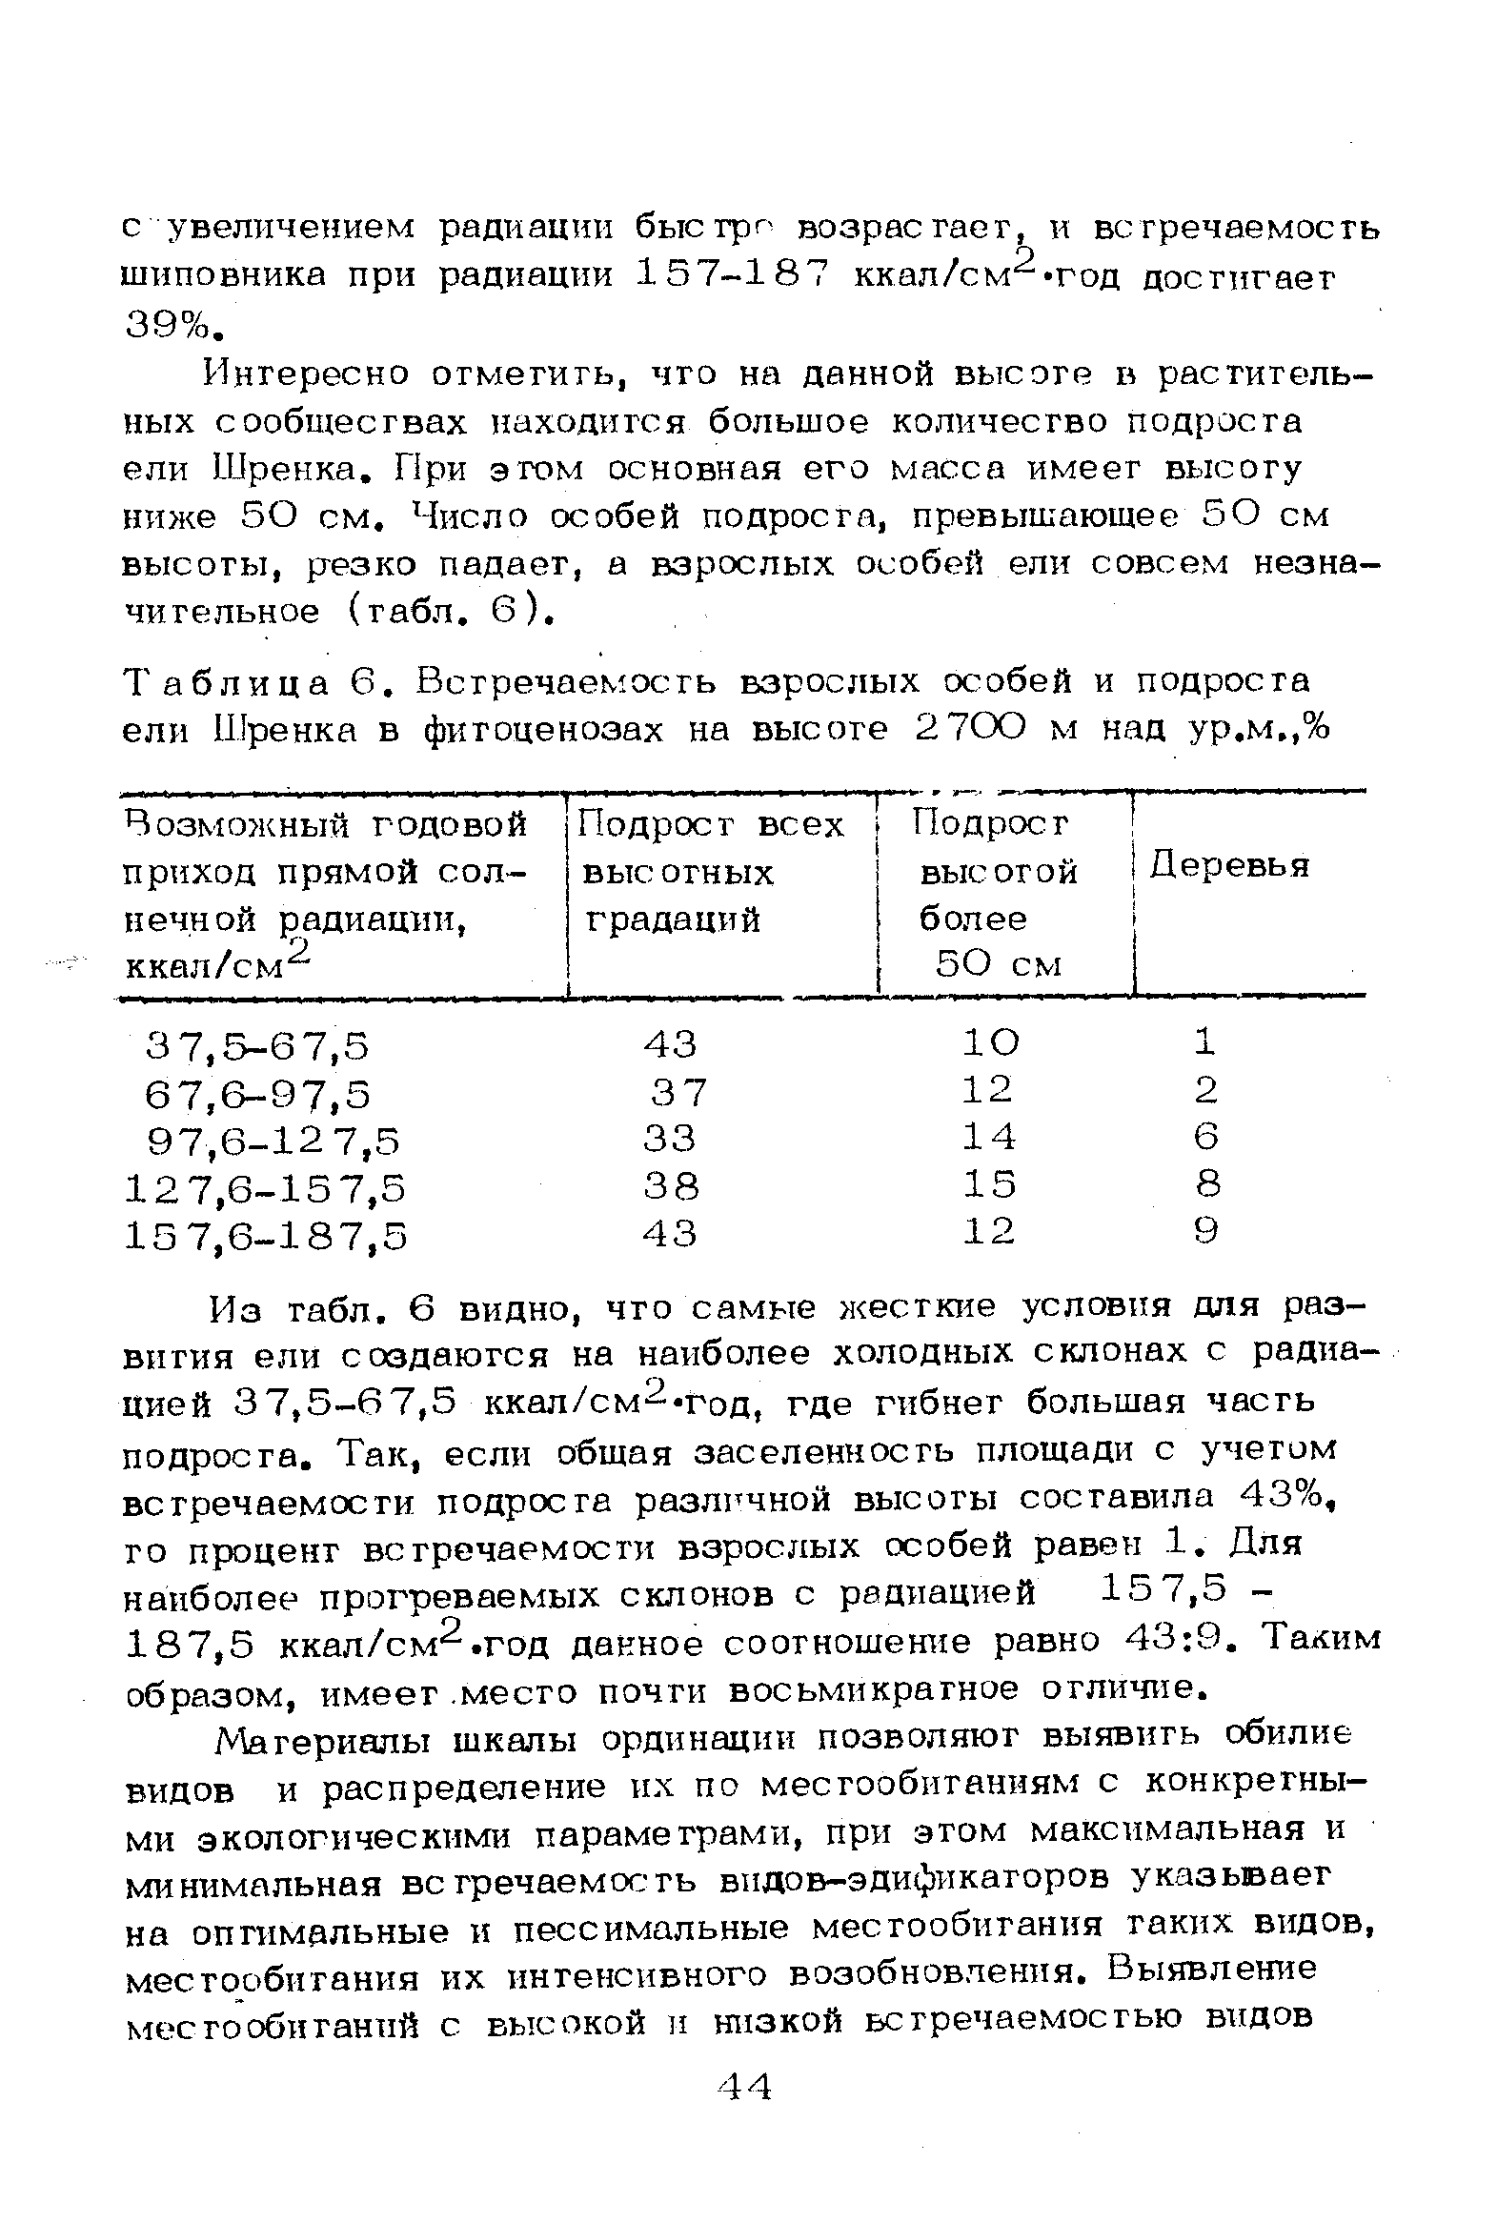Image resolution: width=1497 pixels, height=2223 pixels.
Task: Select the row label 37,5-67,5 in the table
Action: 258,1047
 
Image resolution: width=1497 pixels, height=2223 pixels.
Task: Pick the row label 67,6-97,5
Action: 258,1094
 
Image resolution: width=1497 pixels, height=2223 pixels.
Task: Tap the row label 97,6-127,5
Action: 274,1141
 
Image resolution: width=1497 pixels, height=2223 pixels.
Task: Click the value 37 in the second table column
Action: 678,1092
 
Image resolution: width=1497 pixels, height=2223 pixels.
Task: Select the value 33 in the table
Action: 670,1139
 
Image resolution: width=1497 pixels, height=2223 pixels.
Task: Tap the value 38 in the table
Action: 671,1186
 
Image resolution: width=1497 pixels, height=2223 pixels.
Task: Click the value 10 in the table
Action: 990,1042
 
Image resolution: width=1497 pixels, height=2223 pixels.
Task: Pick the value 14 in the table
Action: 989,1137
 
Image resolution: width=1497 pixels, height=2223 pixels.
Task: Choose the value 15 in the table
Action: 989,1184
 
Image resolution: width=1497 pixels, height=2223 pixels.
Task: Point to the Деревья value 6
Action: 1206,1136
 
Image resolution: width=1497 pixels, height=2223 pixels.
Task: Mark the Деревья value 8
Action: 1207,1183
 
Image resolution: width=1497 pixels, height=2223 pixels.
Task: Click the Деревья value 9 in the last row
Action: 1206,1231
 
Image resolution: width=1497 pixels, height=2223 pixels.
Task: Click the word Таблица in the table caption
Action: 227,682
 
